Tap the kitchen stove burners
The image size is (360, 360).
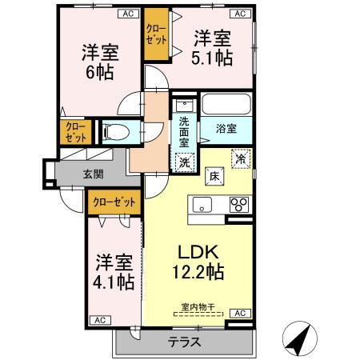tap(239, 204)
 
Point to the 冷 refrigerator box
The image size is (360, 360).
tap(239, 158)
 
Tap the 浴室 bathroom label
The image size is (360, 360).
tap(224, 128)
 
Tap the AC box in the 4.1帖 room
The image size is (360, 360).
tap(101, 319)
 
